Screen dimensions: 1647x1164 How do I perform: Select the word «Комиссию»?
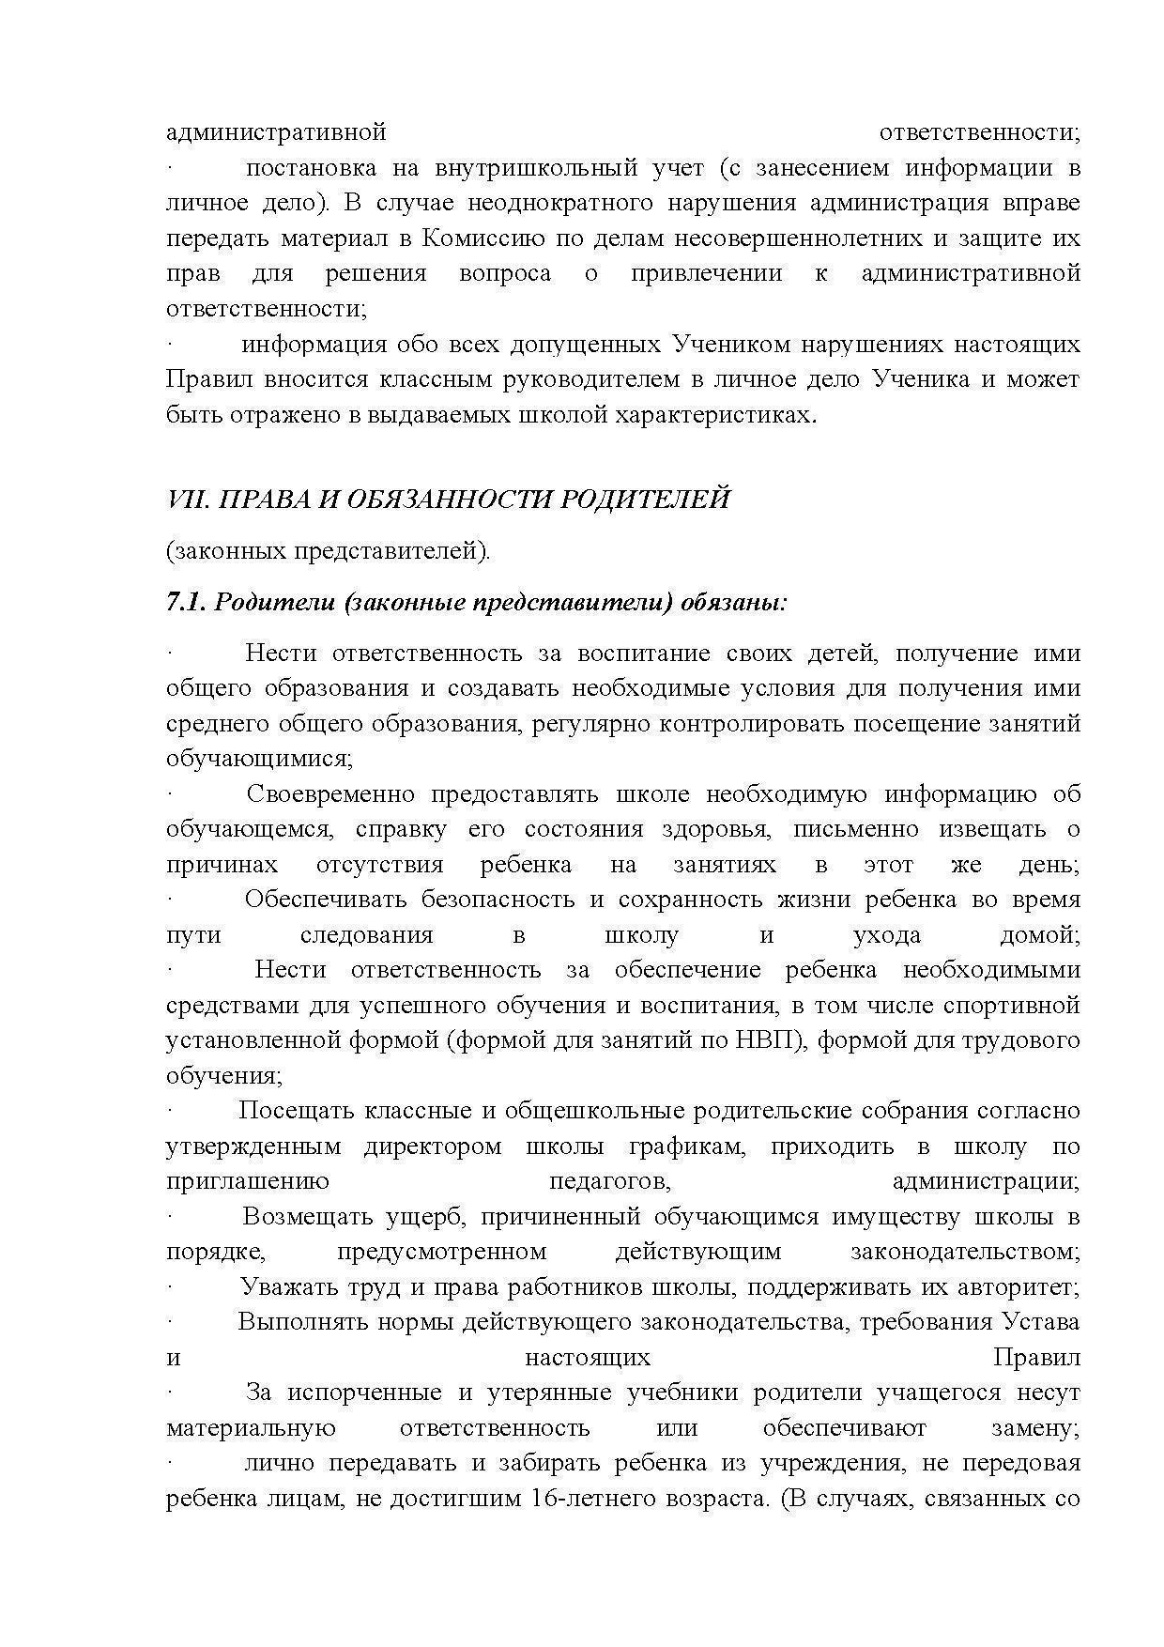[478, 239]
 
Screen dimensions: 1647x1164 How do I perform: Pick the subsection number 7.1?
[185, 602]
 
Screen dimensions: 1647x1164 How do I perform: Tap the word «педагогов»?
[608, 1181]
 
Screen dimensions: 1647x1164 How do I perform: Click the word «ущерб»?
[426, 1217]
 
